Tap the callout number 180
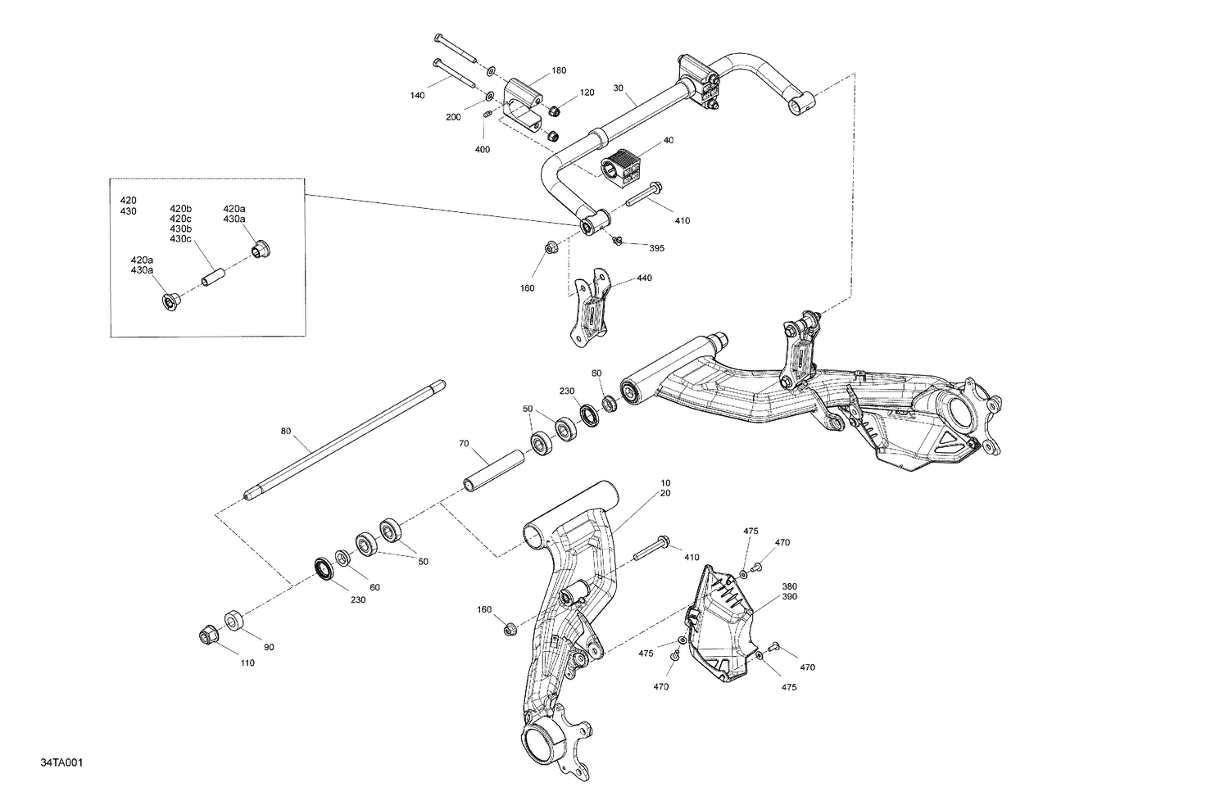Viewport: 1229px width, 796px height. (x=558, y=70)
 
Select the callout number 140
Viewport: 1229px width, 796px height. (x=417, y=96)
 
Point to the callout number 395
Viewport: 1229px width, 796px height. (x=657, y=247)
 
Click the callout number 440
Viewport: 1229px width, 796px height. (x=644, y=278)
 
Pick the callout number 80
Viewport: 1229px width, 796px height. (x=285, y=431)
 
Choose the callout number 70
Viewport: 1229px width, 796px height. (x=464, y=443)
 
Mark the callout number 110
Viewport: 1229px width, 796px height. (x=247, y=663)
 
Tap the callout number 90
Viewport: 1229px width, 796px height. (x=268, y=647)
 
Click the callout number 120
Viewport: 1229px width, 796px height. (x=587, y=93)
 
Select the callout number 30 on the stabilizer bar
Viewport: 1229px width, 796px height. (x=618, y=88)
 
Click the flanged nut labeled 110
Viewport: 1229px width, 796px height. (x=207, y=635)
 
